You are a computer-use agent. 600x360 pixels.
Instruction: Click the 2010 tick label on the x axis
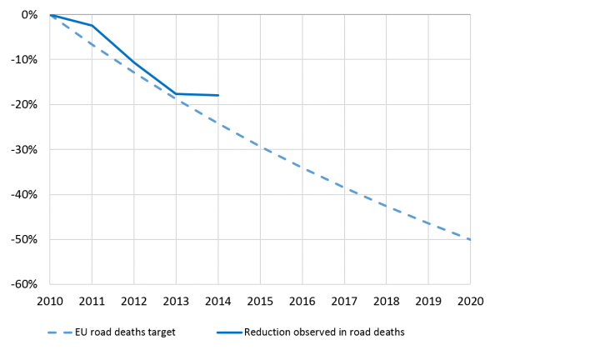point(50,300)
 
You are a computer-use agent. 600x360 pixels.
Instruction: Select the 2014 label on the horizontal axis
point(218,300)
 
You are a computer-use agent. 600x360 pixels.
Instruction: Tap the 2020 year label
point(470,300)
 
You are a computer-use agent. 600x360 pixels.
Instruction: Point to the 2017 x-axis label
point(344,300)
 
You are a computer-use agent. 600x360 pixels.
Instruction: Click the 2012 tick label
point(134,300)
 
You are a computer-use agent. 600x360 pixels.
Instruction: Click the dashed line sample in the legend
point(63,332)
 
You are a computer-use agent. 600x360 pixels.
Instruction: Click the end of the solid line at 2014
point(218,95)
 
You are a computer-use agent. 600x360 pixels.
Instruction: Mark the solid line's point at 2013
point(177,93)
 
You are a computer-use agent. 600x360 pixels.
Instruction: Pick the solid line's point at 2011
point(92,26)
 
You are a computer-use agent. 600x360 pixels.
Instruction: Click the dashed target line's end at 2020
point(470,240)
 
